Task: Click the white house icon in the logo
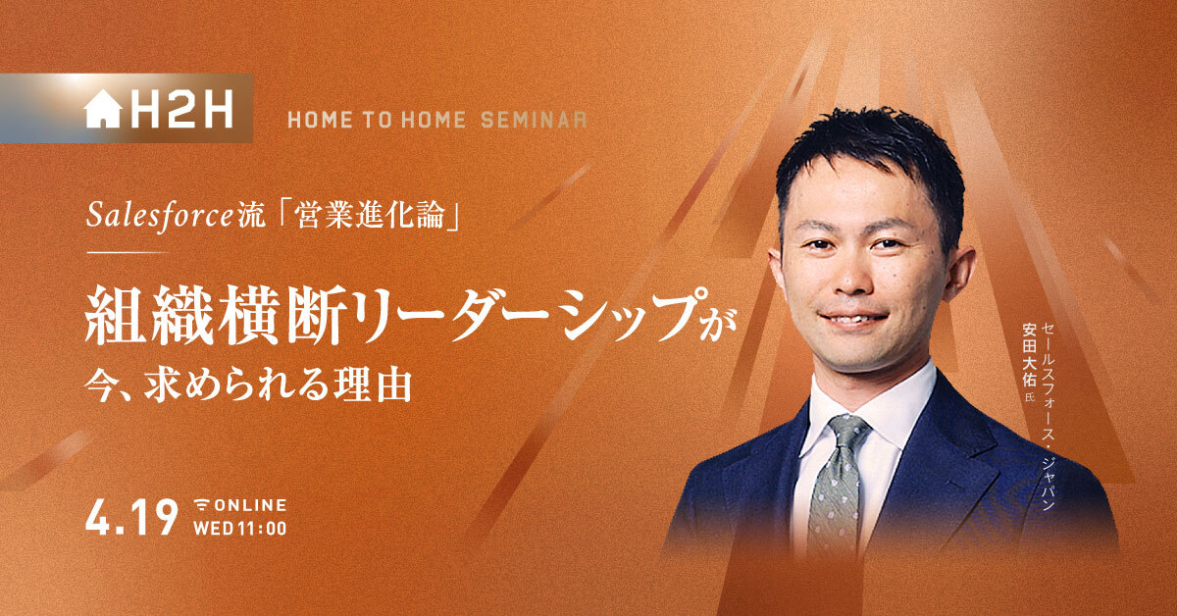(x=103, y=109)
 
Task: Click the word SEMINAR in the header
(x=534, y=120)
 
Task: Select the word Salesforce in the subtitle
(x=159, y=215)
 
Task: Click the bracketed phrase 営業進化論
(x=370, y=215)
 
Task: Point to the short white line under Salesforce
(x=127, y=253)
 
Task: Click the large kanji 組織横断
(x=215, y=316)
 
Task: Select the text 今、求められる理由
(x=248, y=386)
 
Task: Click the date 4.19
(x=131, y=517)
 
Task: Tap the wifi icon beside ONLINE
(x=201, y=505)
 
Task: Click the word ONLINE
(x=250, y=505)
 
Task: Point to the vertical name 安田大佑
(x=1028, y=355)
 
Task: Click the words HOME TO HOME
(x=377, y=120)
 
